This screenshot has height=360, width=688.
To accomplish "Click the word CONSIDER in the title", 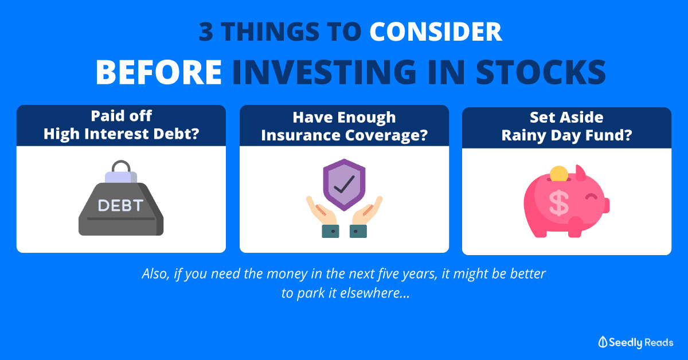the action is tap(436, 32).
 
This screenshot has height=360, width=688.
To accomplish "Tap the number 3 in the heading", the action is tap(206, 32).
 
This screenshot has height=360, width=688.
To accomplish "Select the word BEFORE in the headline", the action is tap(158, 72).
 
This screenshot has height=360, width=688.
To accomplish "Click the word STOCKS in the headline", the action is tap(541, 72).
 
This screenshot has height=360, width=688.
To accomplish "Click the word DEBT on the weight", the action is tap(121, 205).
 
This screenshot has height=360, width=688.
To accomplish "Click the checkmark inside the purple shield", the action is tap(345, 185).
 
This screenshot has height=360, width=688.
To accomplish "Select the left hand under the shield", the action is tap(322, 217).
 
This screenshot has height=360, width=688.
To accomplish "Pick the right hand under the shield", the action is tap(366, 217).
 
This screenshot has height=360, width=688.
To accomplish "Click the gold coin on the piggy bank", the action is tap(558, 174).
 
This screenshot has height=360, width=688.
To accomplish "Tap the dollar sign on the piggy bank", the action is tap(558, 203).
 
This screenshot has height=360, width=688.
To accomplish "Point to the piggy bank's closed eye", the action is tap(591, 197).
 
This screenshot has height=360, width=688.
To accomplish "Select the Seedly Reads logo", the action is tap(636, 342).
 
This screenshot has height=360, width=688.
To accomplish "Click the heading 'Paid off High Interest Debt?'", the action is tap(122, 125).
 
